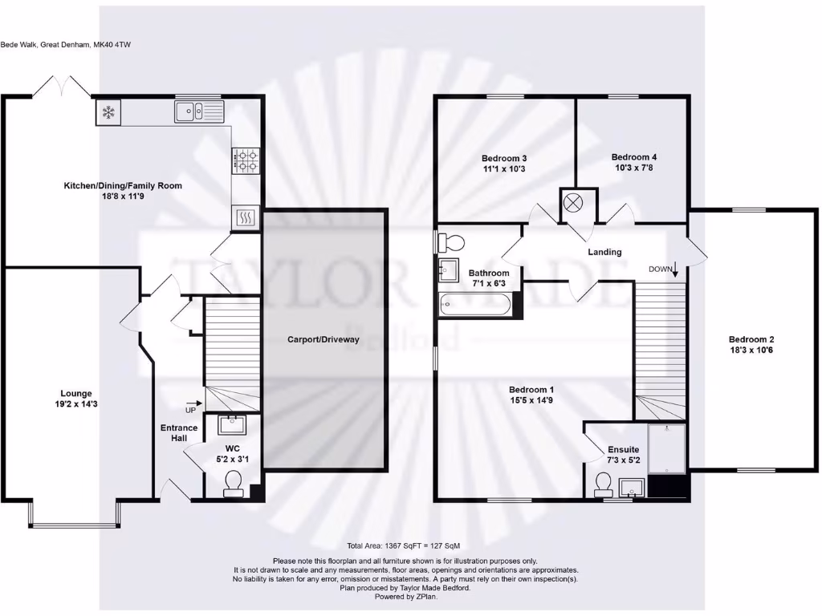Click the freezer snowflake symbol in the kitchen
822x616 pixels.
(x=108, y=112)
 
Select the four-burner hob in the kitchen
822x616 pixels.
(x=246, y=161)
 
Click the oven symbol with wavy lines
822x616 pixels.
(x=246, y=217)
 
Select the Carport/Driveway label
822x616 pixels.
(x=324, y=339)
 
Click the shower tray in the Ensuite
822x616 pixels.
(x=666, y=448)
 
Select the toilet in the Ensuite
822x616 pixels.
(x=604, y=484)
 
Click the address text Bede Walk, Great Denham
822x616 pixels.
(x=66, y=45)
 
